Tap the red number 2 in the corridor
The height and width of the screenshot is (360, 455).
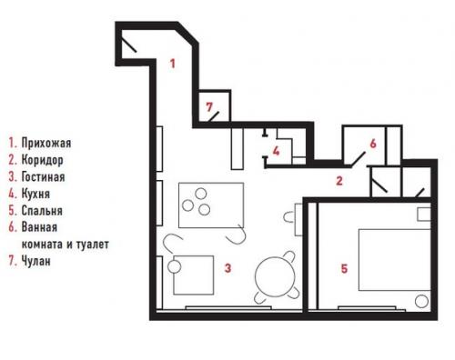tap(339, 180)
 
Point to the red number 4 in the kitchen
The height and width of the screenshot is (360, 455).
tap(276, 151)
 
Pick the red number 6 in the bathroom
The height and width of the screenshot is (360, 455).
tap(372, 143)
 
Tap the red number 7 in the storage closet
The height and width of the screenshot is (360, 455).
tap(209, 108)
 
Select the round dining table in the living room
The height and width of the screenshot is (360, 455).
tap(274, 278)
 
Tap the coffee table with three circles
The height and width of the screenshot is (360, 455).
tap(209, 202)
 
